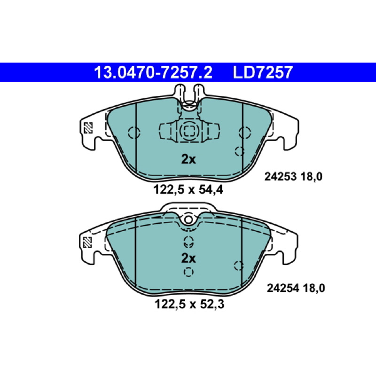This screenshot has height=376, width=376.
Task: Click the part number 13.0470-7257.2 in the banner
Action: pyautogui.click(x=153, y=72)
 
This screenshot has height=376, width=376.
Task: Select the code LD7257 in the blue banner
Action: pyautogui.click(x=263, y=72)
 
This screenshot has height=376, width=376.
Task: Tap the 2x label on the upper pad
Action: pyautogui.click(x=188, y=159)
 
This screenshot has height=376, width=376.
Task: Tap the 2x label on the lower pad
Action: pyautogui.click(x=188, y=258)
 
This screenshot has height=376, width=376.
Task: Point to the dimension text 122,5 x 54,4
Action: pyautogui.click(x=188, y=190)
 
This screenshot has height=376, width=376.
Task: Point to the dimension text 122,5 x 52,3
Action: pyautogui.click(x=189, y=304)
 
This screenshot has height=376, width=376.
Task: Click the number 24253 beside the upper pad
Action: pyautogui.click(x=280, y=177)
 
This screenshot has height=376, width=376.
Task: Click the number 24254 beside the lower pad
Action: pyautogui.click(x=283, y=288)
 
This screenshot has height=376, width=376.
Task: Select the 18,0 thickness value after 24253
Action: pyautogui.click(x=311, y=177)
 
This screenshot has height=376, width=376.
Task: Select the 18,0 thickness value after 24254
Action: pyautogui.click(x=314, y=288)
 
